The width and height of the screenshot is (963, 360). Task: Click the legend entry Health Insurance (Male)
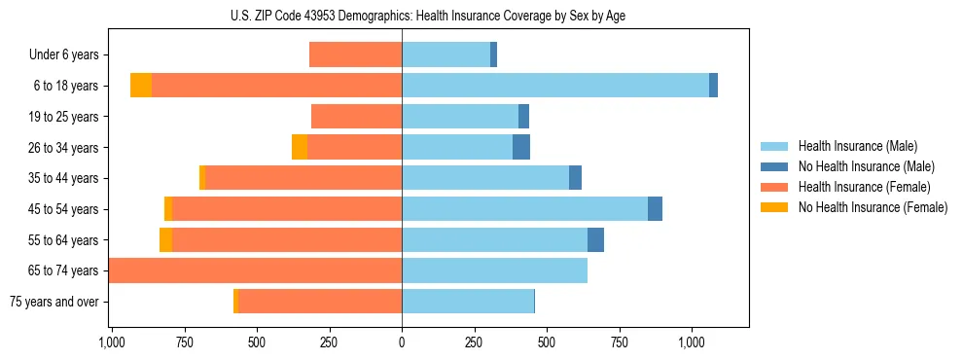856,146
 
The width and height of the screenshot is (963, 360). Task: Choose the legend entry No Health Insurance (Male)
863,166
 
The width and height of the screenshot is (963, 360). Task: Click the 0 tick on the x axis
402,342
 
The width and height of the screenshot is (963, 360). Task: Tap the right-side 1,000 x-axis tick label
692,342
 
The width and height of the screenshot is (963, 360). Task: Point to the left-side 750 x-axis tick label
184,342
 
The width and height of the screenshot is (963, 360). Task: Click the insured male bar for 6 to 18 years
554,86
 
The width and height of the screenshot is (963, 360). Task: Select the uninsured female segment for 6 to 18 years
141,86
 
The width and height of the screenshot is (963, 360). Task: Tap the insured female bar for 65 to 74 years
256,270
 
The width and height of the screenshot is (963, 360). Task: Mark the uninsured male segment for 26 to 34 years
521,147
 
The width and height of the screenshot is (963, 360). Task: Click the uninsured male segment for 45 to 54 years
655,209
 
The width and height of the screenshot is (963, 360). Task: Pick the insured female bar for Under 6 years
355,55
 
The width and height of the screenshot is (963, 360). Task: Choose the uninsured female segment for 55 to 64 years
165,239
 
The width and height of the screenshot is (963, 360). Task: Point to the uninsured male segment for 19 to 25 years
523,117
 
